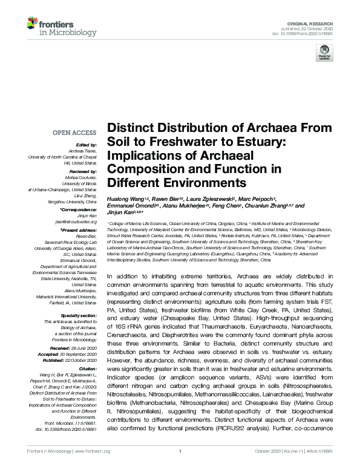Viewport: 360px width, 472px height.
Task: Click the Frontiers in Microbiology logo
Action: pyautogui.click(x=51, y=27)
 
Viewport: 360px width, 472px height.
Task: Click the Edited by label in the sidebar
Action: pyautogui.click(x=85, y=145)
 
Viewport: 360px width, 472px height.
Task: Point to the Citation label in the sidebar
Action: pyautogui.click(x=87, y=351)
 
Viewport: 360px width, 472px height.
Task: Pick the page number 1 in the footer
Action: pyautogui.click(x=180, y=468)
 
